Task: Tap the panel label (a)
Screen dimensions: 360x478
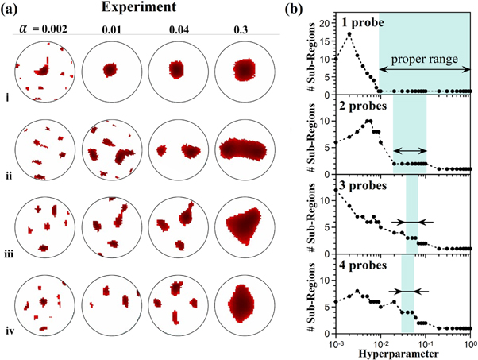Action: (x=13, y=11)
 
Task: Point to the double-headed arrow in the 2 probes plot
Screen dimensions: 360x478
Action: (x=410, y=150)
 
